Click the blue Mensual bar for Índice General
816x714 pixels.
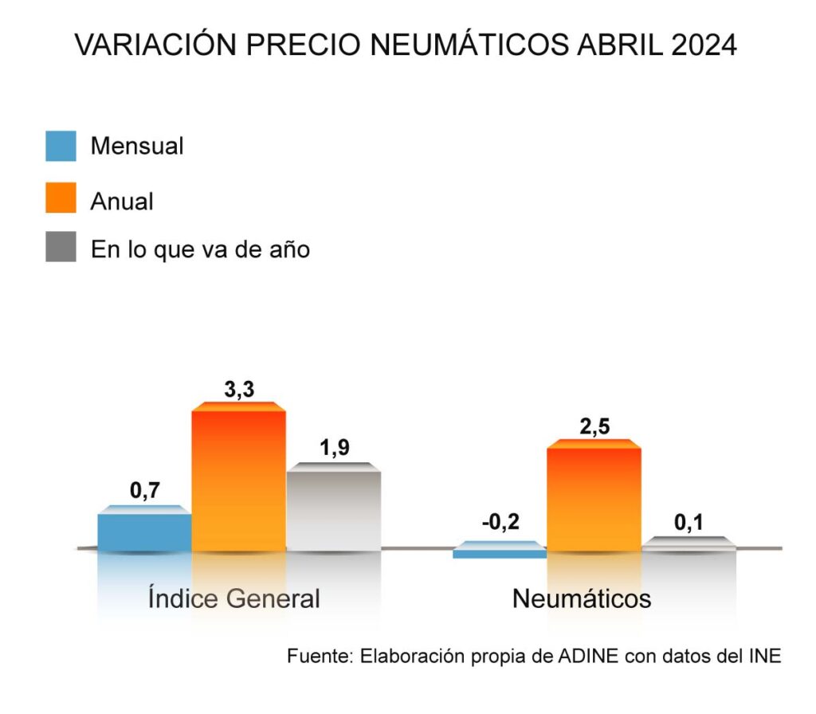click(144, 530)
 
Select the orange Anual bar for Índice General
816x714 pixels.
click(238, 478)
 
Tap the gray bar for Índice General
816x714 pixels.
click(333, 508)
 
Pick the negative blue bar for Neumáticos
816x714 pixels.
click(500, 551)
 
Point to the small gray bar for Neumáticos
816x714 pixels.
click(688, 543)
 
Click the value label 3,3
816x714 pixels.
click(238, 390)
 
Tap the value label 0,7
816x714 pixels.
click(145, 491)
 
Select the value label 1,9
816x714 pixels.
click(334, 449)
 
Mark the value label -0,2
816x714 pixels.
click(500, 523)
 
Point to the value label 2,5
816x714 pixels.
click(594, 427)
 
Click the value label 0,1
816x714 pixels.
click(689, 523)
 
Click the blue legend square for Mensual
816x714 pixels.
click(61, 147)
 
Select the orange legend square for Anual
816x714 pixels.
click(61, 198)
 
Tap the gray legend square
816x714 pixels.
click(61, 248)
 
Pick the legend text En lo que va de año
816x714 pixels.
click(200, 249)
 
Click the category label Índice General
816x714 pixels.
click(233, 598)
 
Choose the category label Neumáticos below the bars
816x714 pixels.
click(582, 598)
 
